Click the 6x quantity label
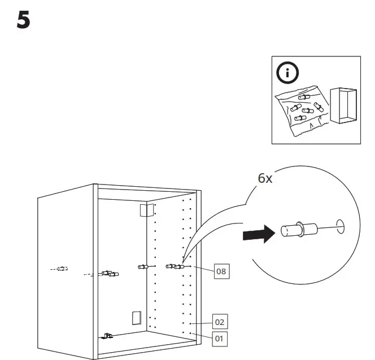[265, 178]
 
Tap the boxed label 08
[222, 271]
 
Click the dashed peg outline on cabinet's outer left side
[60, 269]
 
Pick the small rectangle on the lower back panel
[135, 318]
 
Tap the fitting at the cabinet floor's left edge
[107, 336]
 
